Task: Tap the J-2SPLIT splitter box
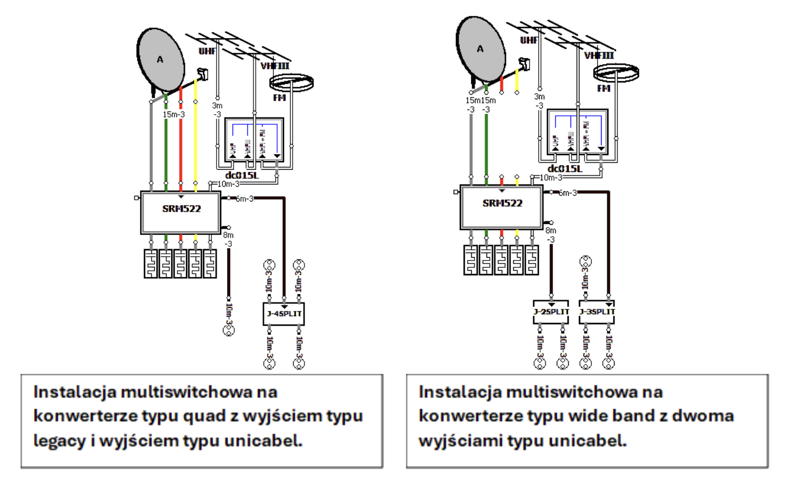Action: click(551, 312)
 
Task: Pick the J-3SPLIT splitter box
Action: click(596, 312)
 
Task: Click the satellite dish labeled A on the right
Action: click(480, 49)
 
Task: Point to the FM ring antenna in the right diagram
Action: click(614, 72)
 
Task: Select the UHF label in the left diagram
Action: click(208, 51)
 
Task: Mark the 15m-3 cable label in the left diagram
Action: click(174, 115)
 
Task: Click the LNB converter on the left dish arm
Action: click(202, 74)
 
